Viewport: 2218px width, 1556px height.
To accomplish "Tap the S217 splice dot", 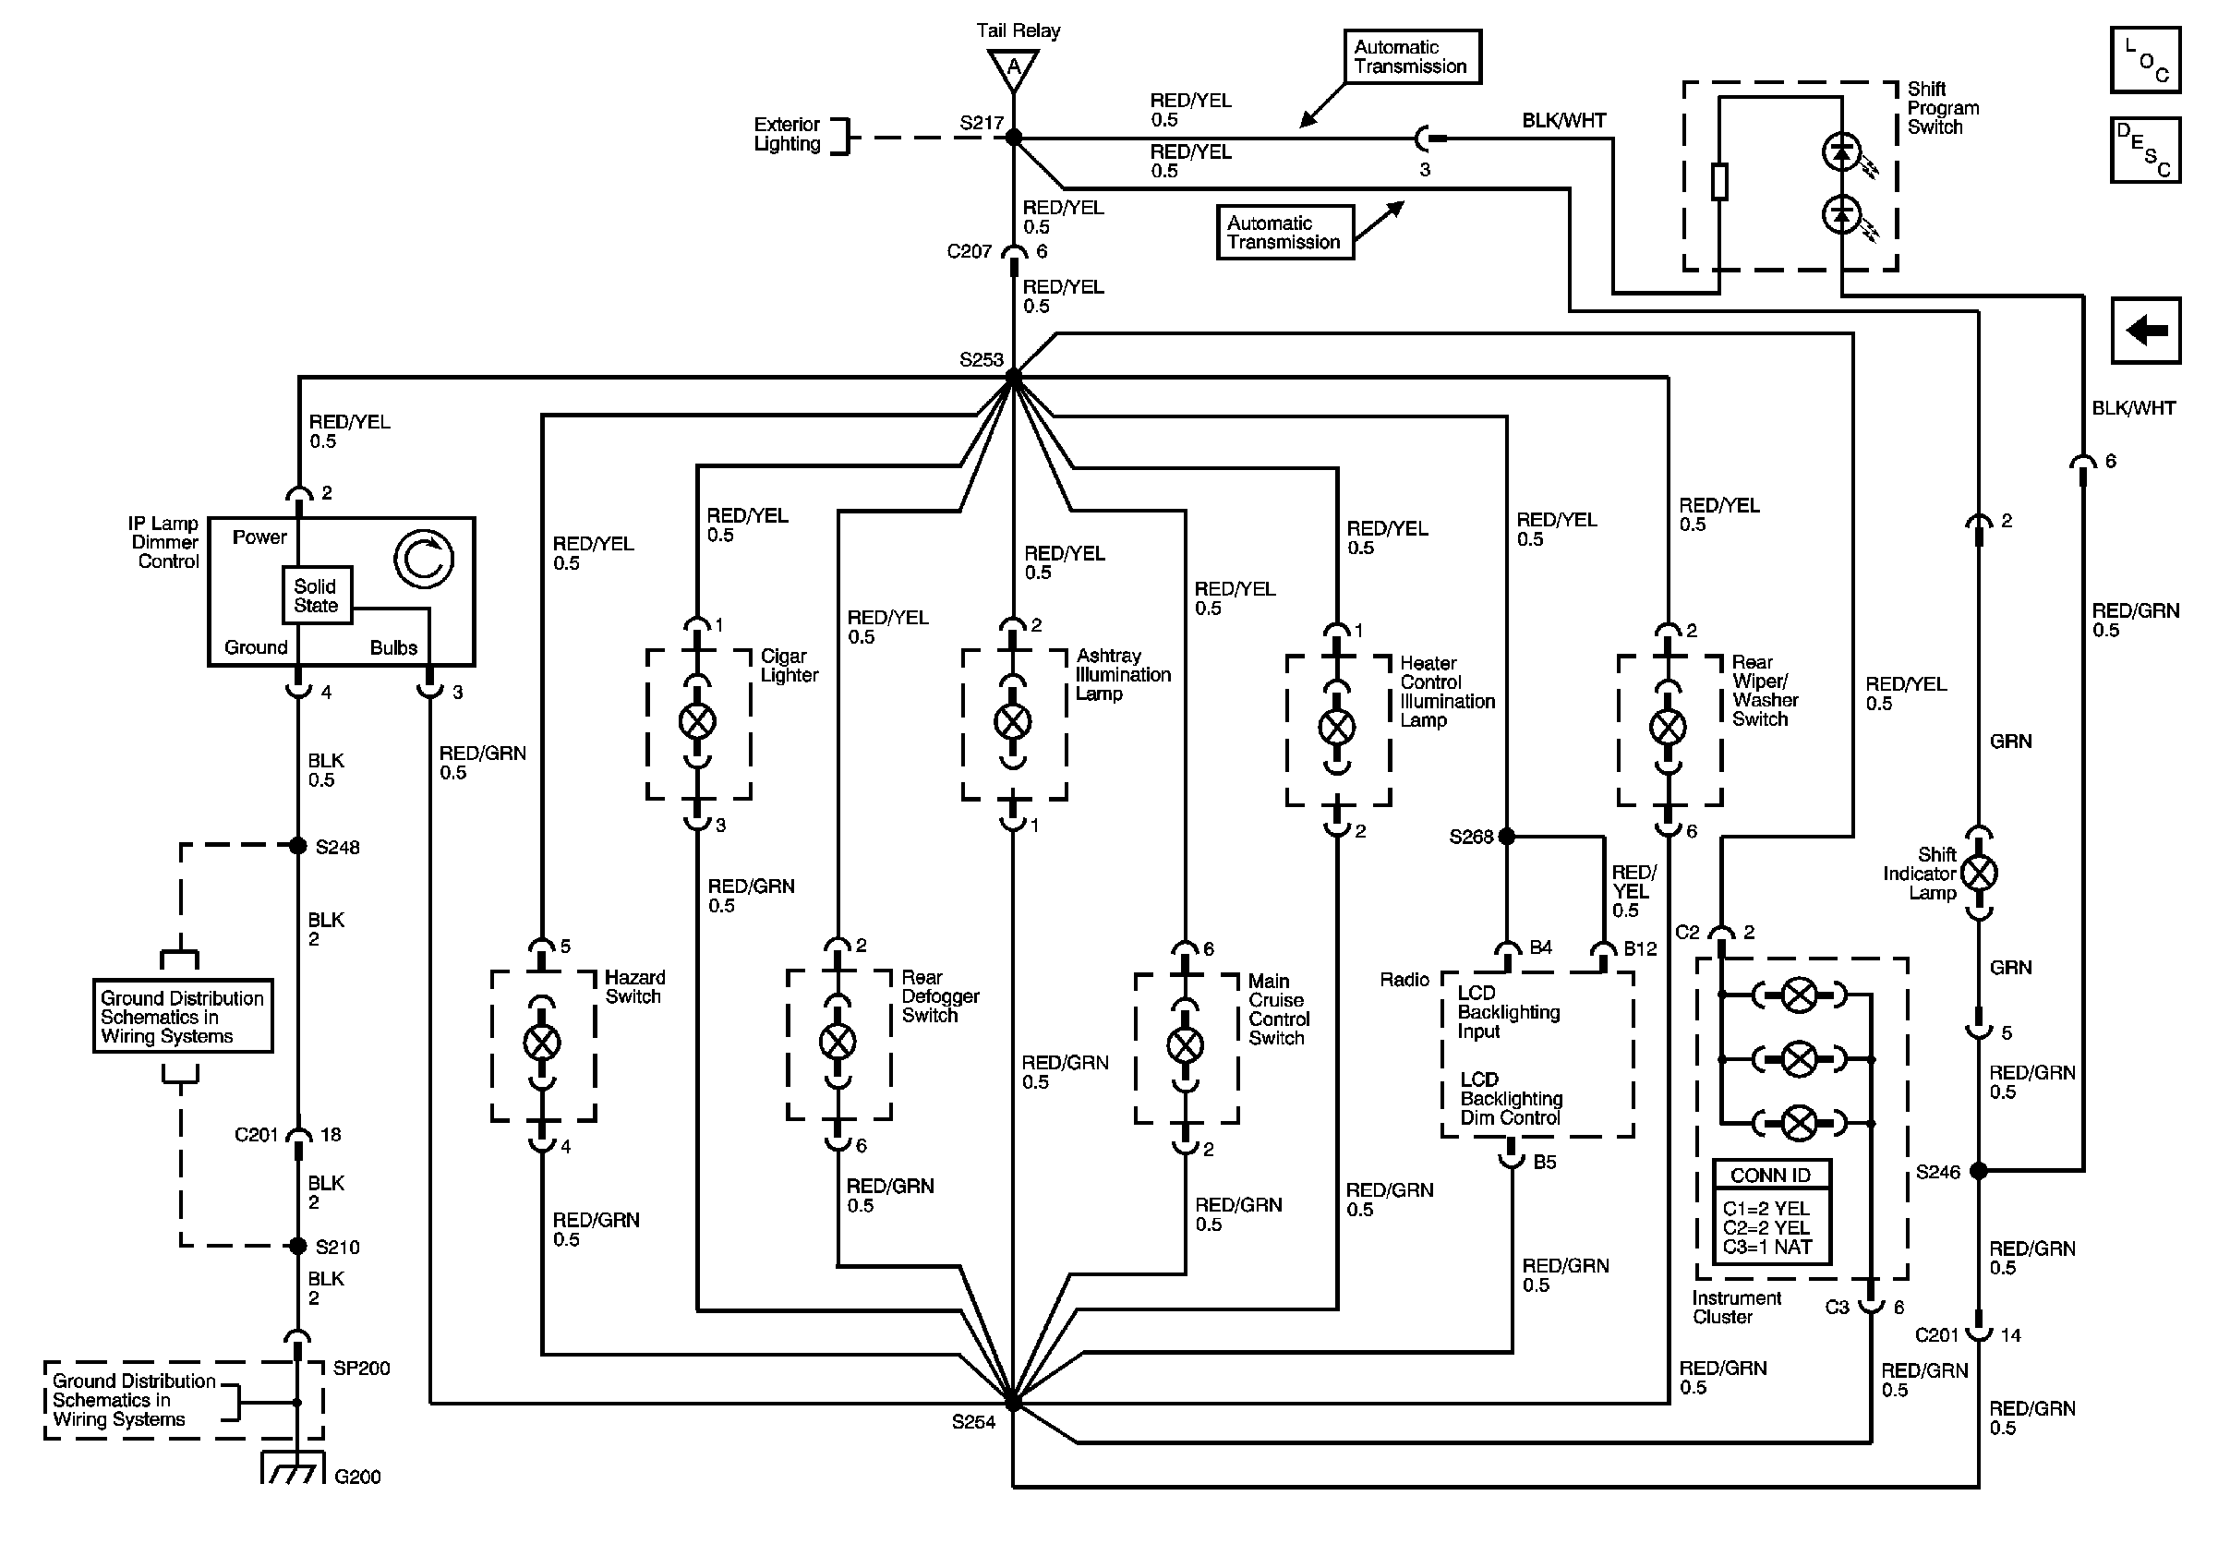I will [1013, 139].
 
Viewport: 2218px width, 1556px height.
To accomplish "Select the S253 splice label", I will [981, 360].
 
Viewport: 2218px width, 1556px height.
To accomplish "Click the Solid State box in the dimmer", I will [316, 595].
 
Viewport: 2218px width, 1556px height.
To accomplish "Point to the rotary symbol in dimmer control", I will [423, 559].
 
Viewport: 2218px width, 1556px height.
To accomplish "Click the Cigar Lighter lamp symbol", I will [697, 720].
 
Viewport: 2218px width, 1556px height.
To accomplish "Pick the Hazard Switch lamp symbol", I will [541, 1043].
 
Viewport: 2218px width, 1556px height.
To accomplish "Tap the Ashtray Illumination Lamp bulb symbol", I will [1012, 720].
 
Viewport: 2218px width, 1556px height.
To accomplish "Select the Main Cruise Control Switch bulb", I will [1186, 1045].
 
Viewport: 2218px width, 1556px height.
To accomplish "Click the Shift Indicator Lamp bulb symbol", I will [1980, 874].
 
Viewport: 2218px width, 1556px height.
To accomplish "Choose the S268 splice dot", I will [1506, 837].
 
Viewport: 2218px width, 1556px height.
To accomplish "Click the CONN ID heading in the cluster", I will [1770, 1176].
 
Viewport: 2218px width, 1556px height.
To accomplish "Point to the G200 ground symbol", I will [293, 1469].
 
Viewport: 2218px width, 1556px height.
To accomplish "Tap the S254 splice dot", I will [1012, 1403].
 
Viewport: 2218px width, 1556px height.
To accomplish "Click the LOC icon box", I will [2144, 60].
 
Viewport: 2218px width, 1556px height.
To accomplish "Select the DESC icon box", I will [2144, 150].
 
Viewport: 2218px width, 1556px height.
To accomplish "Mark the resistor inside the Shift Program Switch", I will [1718, 183].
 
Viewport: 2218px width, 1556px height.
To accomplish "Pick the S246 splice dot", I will [1979, 1171].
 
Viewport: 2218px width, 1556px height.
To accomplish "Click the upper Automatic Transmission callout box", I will [1411, 57].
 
